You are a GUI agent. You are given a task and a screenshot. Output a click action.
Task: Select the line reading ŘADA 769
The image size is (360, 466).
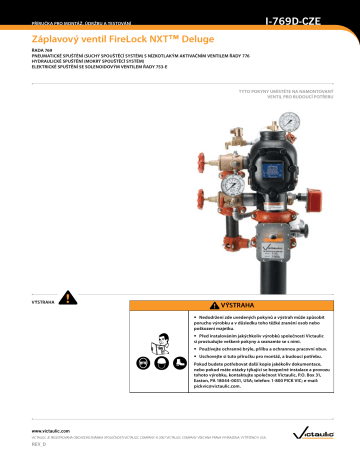[x=44, y=53]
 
